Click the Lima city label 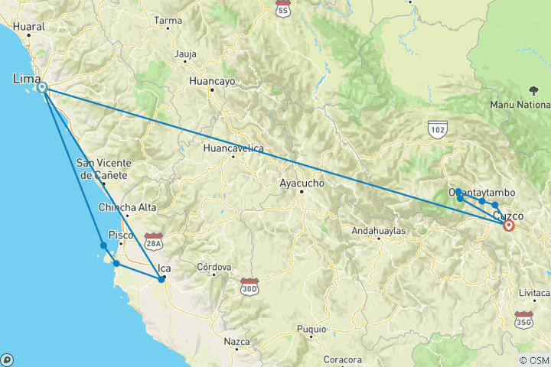pos(25,77)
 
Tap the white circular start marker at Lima pos(43,87)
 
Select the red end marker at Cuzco pos(508,225)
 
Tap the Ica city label pos(164,268)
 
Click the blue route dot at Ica pos(161,279)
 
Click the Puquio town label pos(311,329)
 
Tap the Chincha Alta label pos(128,207)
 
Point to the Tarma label pos(168,20)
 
